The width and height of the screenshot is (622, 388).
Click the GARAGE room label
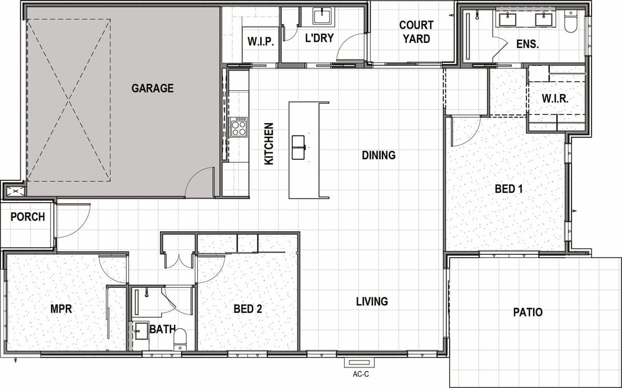[152, 88]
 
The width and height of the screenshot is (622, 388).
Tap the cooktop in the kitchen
[239, 127]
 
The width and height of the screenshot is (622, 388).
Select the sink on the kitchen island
[299, 147]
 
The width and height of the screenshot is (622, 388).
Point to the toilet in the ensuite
[570, 22]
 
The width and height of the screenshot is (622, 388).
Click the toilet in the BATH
[180, 339]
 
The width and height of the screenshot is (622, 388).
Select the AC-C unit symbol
[360, 362]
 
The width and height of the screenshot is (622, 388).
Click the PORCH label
[28, 217]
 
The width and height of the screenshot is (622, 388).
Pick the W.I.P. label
[261, 42]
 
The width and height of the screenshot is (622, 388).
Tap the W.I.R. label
[555, 98]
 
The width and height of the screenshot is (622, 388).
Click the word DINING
[378, 155]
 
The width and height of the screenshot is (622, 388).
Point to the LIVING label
[372, 302]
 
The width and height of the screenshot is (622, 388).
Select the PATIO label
[527, 312]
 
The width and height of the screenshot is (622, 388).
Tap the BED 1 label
[509, 189]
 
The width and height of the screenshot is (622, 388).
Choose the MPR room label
[61, 308]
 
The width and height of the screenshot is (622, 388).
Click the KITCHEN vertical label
[269, 144]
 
